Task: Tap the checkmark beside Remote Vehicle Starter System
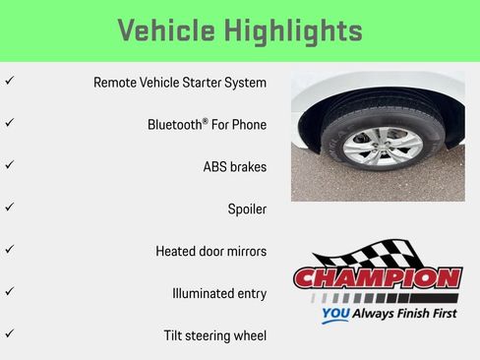(x=9, y=82)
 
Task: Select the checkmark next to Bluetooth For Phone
(x=9, y=124)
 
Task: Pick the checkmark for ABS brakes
(x=9, y=165)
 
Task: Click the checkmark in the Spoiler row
(x=9, y=208)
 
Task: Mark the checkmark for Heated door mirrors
(x=9, y=250)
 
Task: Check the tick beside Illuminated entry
(x=9, y=292)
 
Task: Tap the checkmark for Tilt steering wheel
(x=9, y=334)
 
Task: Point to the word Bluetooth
(x=176, y=125)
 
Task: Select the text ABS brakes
(x=234, y=167)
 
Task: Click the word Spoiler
(x=247, y=210)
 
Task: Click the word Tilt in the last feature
(x=174, y=335)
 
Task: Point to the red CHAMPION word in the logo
(x=378, y=277)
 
